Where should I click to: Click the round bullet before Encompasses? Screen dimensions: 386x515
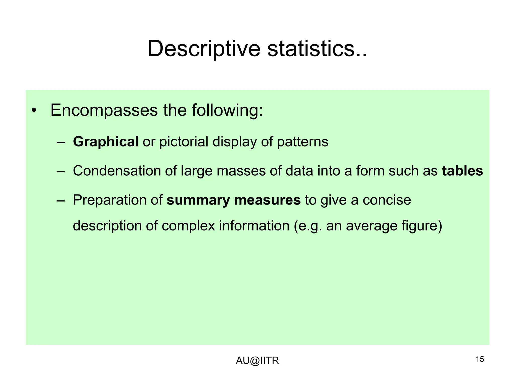34,111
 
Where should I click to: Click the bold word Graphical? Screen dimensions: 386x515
106,142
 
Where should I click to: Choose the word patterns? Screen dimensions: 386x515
303,142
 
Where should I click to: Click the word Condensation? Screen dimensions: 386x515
117,171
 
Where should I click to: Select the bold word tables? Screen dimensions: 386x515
462,171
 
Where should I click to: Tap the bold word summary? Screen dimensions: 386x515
198,201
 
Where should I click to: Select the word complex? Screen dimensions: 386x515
188,226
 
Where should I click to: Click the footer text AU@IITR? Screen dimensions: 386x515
257,361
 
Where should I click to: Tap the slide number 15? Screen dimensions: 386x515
480,359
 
